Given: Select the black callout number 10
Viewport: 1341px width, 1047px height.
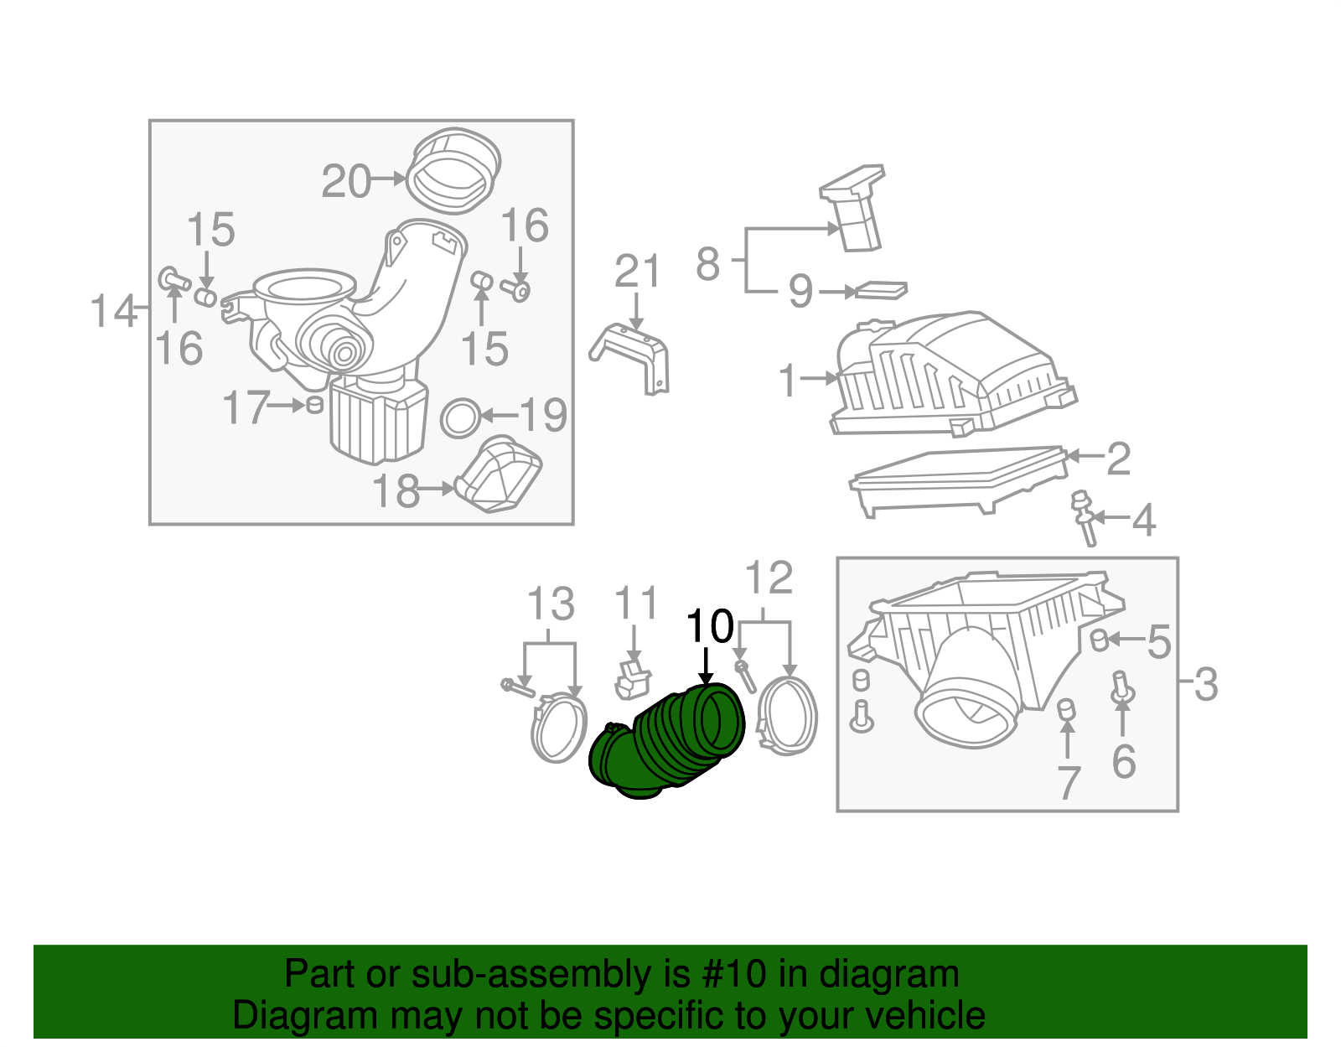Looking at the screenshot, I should (x=709, y=626).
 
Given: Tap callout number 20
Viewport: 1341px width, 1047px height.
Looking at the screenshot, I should (x=346, y=182).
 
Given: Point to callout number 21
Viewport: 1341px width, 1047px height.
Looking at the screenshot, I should (x=637, y=272).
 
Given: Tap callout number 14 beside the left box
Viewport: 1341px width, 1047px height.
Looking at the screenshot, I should (x=113, y=311).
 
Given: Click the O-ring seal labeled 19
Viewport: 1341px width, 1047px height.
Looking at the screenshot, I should (x=460, y=417).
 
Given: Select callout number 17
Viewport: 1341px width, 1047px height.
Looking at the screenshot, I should (x=246, y=407).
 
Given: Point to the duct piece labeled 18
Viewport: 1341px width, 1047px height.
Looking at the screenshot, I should (x=501, y=474).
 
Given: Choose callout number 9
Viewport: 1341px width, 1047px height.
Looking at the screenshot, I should (x=800, y=291).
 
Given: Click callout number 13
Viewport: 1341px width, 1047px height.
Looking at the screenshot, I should (x=551, y=604).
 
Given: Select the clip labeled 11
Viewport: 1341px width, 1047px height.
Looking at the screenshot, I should (x=633, y=678).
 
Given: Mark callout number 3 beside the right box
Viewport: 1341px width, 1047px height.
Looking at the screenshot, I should (x=1205, y=684).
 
